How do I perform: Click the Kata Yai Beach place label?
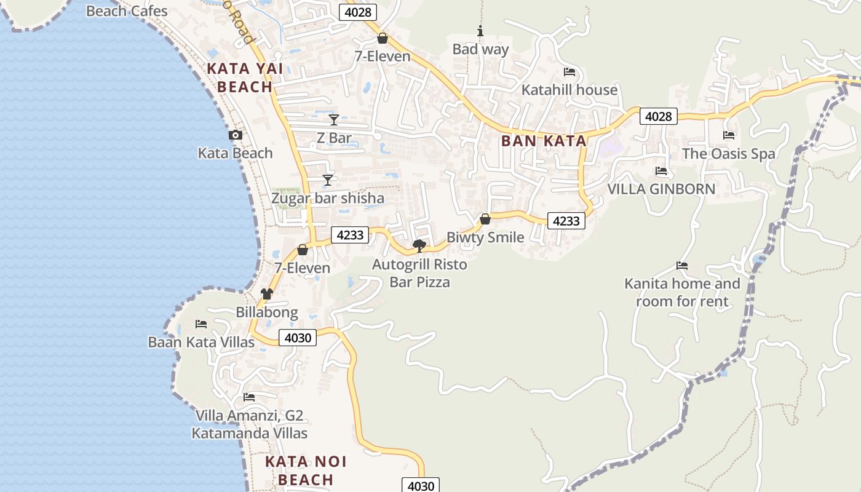245,77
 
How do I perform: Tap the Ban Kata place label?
544,141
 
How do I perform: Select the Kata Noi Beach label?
306,470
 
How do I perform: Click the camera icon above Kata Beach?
235,135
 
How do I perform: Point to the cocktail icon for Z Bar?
333,119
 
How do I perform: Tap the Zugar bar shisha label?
328,198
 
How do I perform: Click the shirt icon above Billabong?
267,294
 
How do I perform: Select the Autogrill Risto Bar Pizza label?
419,274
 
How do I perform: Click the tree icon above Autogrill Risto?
419,246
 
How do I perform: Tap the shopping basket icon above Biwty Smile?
485,219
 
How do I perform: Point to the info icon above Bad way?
480,31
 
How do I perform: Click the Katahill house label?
569,90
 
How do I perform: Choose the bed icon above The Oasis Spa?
729,135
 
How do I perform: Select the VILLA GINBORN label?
661,189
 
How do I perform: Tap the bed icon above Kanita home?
681,266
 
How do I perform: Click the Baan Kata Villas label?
201,342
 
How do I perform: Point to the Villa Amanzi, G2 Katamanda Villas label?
249,424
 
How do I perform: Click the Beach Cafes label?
127,11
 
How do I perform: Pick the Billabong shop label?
267,312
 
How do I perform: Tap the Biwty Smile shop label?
485,237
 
